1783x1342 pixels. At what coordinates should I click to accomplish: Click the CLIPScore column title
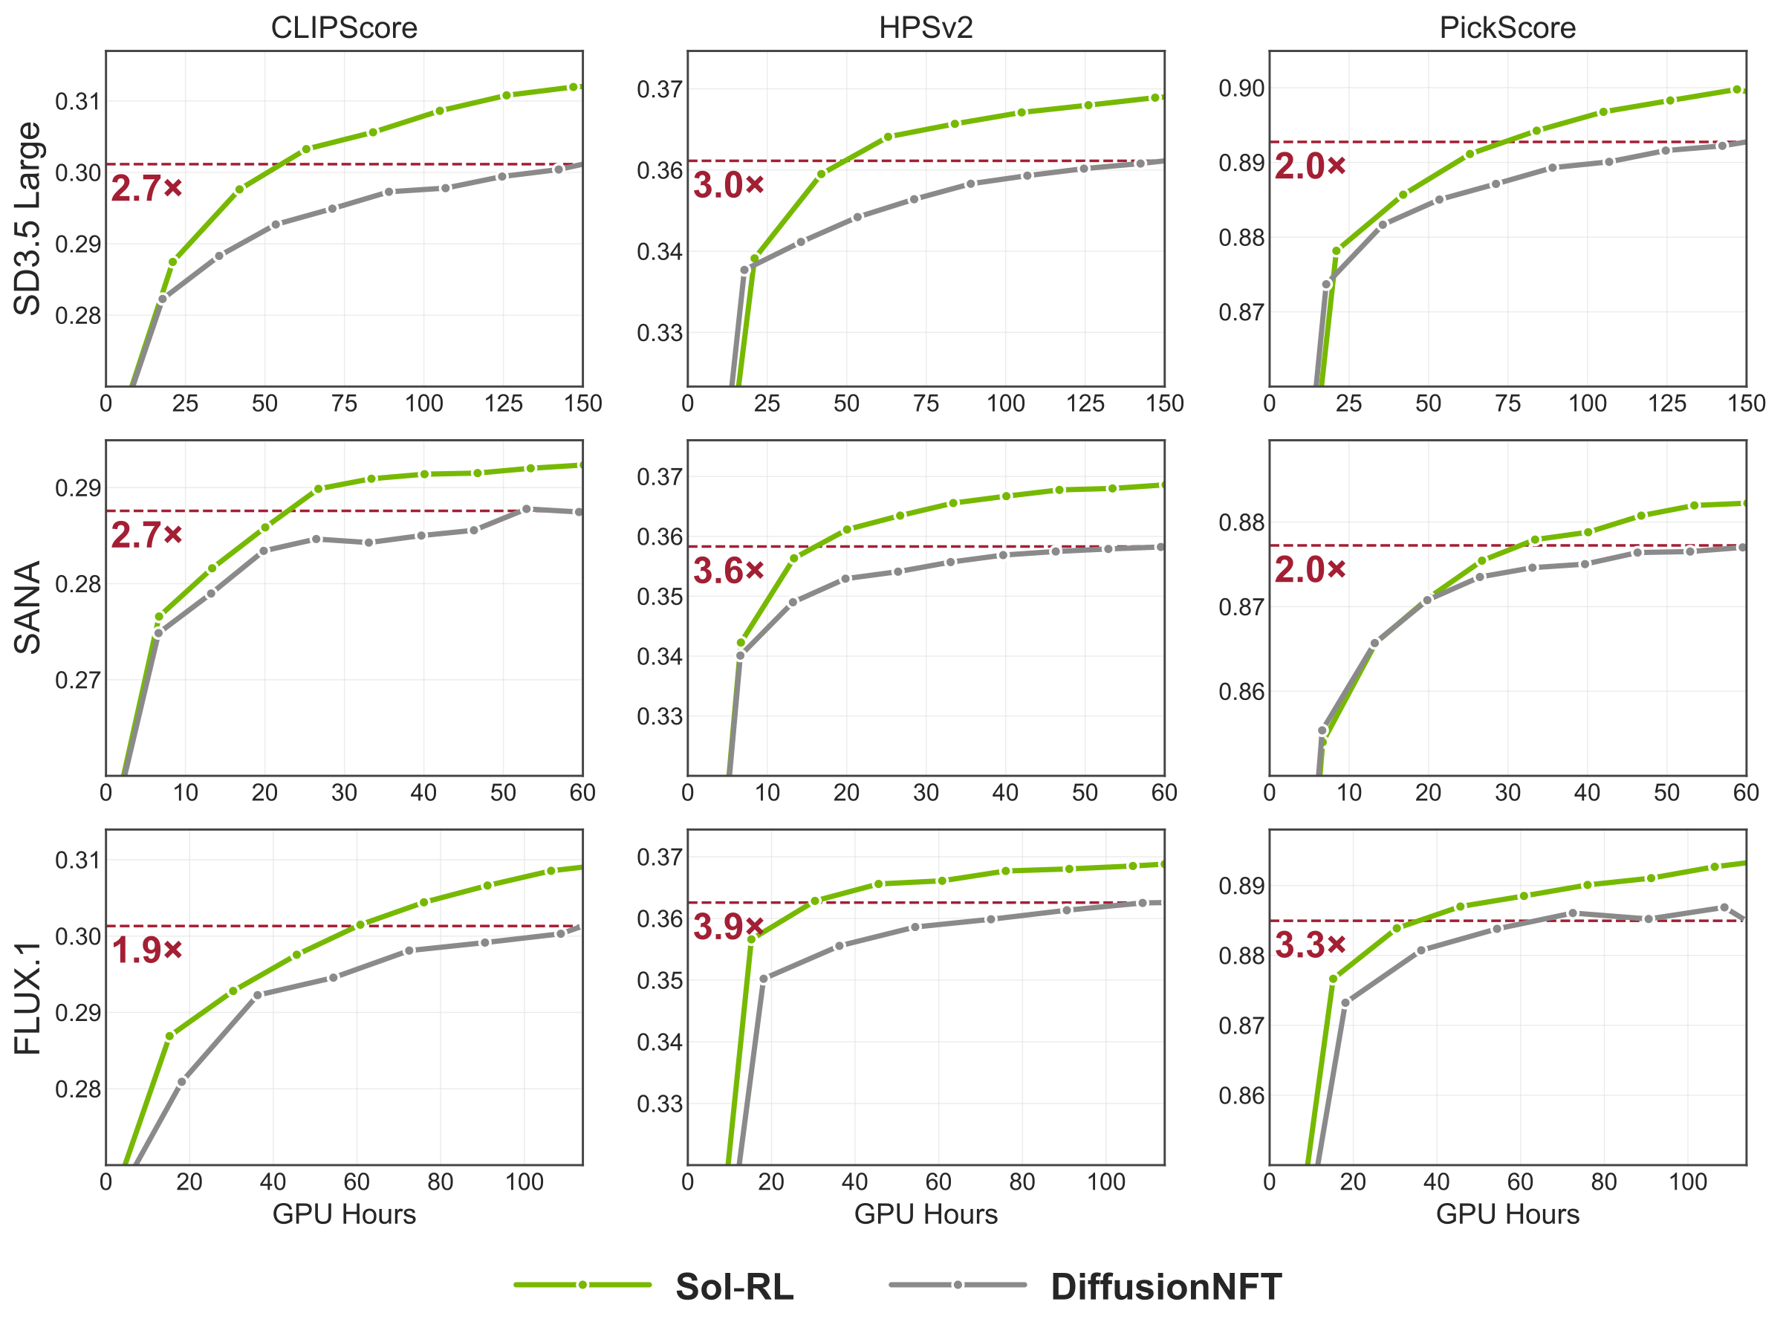(x=344, y=28)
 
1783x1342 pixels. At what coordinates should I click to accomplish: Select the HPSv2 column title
(x=926, y=28)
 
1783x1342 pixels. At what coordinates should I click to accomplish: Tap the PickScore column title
(x=1507, y=28)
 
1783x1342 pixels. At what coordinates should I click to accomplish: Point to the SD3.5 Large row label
(x=28, y=218)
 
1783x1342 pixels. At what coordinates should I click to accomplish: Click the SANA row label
(x=28, y=608)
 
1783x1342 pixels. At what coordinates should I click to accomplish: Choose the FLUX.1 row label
(x=28, y=997)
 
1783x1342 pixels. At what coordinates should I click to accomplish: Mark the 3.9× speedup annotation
(x=729, y=927)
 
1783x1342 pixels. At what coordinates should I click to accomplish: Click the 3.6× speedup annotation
(x=729, y=571)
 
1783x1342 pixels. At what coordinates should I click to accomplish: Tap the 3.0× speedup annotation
(x=729, y=185)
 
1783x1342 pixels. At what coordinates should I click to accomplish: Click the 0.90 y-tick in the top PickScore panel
(x=1241, y=88)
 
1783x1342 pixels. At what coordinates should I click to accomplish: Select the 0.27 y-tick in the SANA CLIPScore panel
(x=78, y=680)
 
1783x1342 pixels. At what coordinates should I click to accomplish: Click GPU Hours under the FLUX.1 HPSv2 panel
(x=926, y=1214)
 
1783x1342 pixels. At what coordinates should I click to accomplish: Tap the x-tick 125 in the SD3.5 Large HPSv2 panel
(x=1085, y=403)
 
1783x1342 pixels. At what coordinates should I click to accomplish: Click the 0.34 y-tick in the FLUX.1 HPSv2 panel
(x=660, y=1042)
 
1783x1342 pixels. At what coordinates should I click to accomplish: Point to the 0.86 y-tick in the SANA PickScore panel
(x=1241, y=692)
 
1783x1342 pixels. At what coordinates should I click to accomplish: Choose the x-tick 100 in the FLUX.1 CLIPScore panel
(x=524, y=1181)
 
